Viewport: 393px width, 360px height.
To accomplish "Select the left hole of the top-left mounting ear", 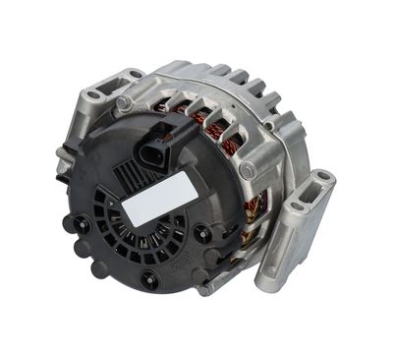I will (94, 95).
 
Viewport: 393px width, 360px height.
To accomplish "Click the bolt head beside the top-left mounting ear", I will (123, 101).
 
